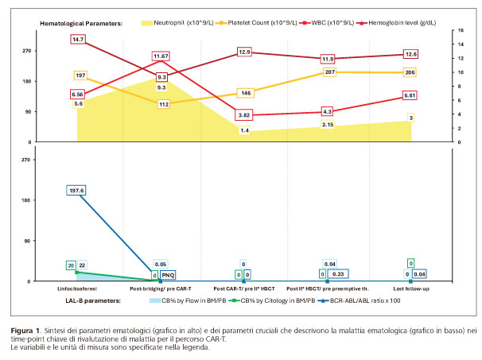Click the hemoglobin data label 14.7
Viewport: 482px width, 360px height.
(x=78, y=39)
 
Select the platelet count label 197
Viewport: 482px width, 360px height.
(x=80, y=75)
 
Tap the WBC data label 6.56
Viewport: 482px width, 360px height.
(x=77, y=94)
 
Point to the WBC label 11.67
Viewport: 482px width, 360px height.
(x=161, y=56)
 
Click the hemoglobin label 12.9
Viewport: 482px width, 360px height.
(x=245, y=52)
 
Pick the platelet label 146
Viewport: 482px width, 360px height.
(x=246, y=93)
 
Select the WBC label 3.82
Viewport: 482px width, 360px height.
(x=245, y=115)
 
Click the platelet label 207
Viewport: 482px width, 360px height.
(x=329, y=72)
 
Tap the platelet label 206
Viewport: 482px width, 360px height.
(x=410, y=72)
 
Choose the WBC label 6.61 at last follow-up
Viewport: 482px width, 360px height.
(x=410, y=95)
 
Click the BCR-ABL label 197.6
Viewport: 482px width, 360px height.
(x=76, y=191)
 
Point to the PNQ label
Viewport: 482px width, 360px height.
(x=168, y=274)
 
